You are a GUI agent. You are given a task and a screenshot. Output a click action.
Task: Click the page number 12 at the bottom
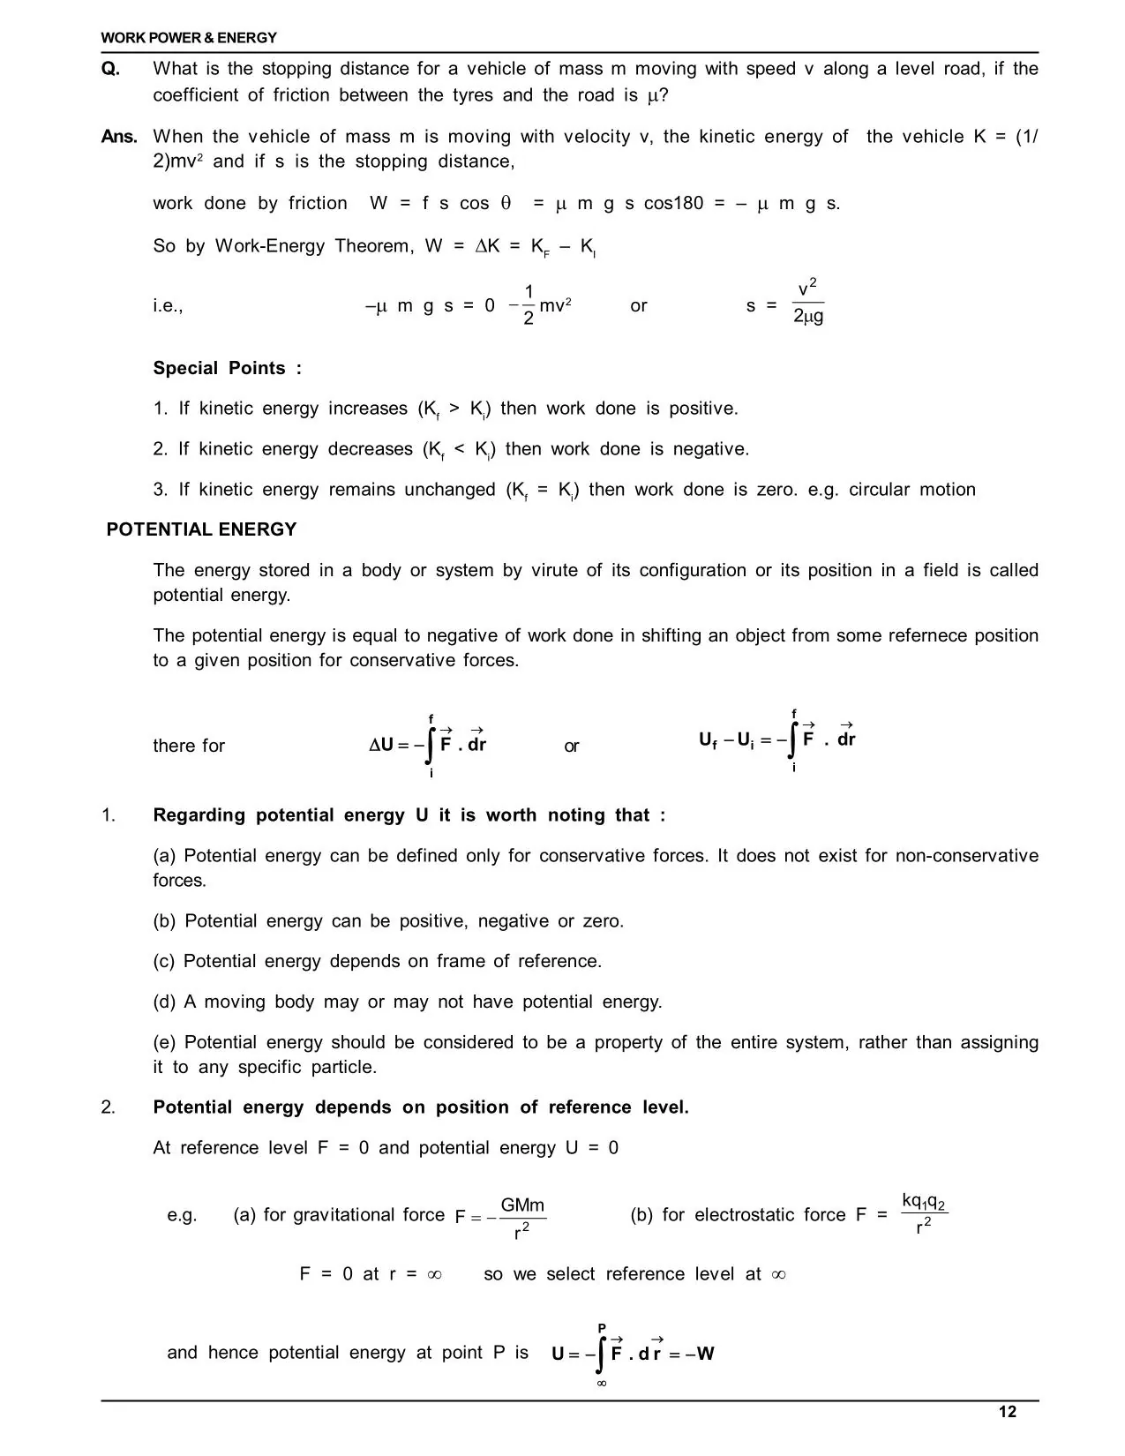1007,1412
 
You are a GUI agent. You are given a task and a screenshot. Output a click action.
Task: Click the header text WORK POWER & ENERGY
189,38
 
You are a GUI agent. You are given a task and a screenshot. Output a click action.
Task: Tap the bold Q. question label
111,69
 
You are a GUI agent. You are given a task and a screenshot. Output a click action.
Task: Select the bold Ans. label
119,137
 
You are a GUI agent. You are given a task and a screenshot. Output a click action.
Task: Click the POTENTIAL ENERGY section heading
201,529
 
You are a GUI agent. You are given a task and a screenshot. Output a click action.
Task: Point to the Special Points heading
227,368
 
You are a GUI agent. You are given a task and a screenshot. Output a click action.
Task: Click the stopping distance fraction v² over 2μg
807,303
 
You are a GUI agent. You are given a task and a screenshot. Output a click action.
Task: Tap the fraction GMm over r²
522,1218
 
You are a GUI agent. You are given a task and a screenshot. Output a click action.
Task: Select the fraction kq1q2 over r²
924,1213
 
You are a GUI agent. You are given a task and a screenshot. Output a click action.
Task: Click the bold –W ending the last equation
703,1354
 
